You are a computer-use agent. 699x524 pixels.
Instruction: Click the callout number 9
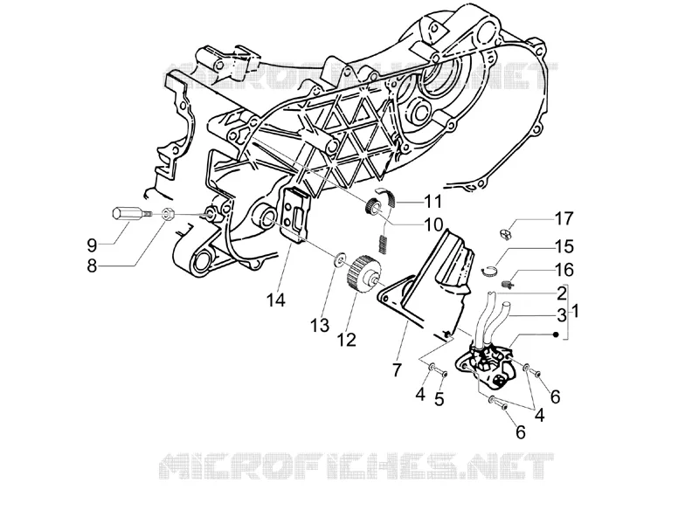point(92,245)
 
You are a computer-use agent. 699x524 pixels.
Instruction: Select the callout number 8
point(92,266)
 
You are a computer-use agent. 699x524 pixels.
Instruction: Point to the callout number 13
point(320,325)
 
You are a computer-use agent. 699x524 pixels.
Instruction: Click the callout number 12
point(347,340)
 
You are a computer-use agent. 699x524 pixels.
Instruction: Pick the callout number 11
point(433,202)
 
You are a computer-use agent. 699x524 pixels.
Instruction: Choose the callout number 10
point(433,225)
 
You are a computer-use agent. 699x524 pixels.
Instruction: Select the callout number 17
point(564,219)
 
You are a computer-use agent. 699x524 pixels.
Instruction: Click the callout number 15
point(564,246)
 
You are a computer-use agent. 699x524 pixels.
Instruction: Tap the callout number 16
point(564,270)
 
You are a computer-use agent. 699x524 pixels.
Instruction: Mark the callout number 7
point(397,369)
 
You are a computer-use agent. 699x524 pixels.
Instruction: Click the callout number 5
point(439,399)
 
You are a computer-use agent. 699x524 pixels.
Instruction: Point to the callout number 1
point(575,311)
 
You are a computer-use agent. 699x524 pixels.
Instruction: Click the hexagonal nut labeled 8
point(167,214)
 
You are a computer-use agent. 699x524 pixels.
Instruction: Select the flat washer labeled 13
point(340,259)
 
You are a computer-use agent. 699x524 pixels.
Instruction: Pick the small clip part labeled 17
point(504,233)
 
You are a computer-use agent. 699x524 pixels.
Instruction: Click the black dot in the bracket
point(556,334)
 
